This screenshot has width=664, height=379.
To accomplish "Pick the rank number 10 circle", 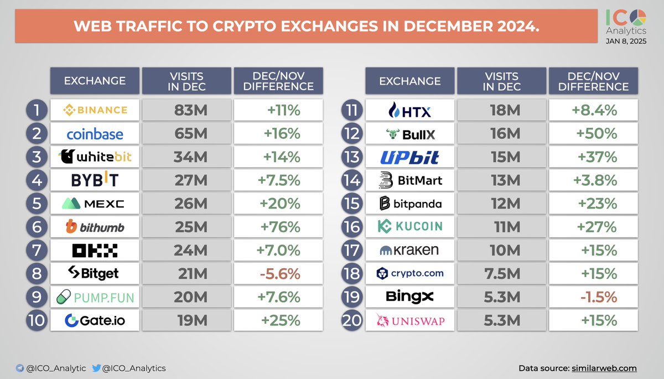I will pos(36,320).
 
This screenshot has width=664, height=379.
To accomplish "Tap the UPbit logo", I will pos(409,158).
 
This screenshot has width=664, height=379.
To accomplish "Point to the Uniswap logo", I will pos(409,320).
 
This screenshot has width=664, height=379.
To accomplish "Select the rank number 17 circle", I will pos(351,250).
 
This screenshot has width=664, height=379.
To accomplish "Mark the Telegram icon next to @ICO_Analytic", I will pos(20,368).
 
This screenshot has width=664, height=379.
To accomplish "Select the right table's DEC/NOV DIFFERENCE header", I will pos(593,81).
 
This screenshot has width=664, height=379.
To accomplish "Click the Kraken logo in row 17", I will pos(409,250).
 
